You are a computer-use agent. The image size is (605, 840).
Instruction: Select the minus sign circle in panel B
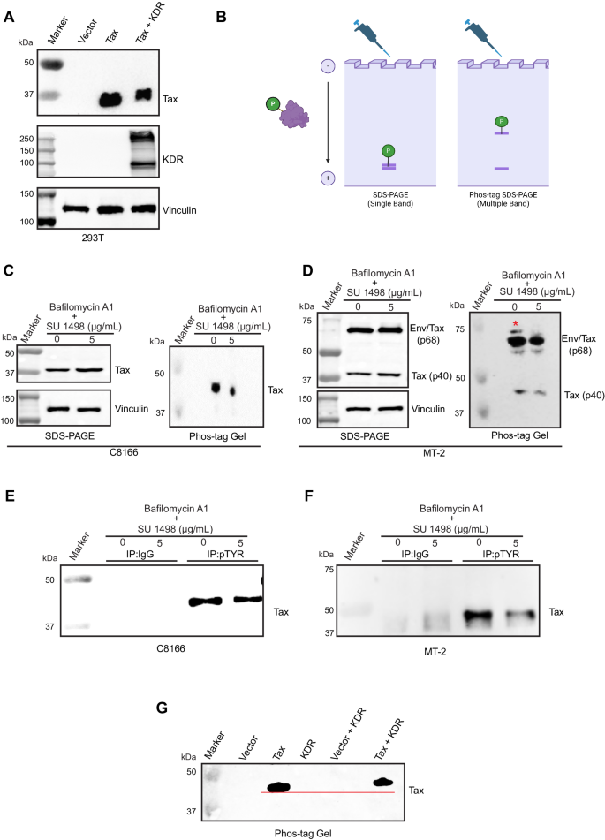(x=328, y=66)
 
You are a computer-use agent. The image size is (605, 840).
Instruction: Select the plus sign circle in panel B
(x=328, y=178)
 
